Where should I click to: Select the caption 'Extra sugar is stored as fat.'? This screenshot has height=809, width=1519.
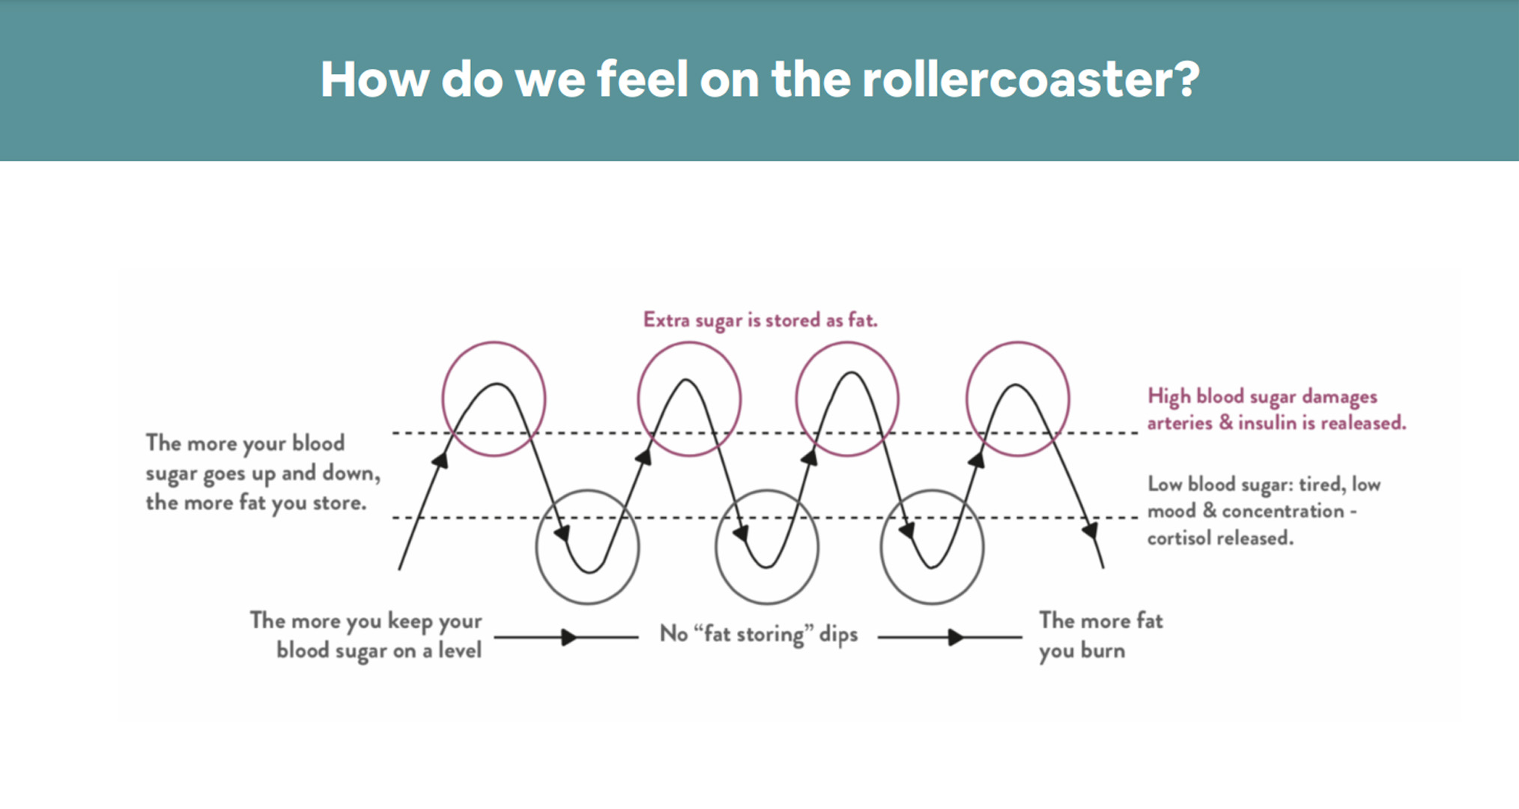coord(760,321)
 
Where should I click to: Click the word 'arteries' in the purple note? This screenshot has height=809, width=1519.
coord(1180,424)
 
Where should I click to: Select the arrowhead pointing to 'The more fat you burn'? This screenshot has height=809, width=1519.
coord(956,637)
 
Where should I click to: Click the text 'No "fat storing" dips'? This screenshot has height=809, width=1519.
coord(758,634)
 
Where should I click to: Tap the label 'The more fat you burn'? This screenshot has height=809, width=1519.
coord(1100,635)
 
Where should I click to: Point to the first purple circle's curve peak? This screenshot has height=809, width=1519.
coord(496,384)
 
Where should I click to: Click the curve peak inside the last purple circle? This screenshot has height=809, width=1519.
coord(1016,385)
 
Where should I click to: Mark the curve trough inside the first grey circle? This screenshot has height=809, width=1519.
coord(590,572)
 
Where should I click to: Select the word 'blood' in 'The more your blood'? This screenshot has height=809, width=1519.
coord(319,443)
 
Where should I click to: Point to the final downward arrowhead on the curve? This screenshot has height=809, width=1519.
coord(1091,530)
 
